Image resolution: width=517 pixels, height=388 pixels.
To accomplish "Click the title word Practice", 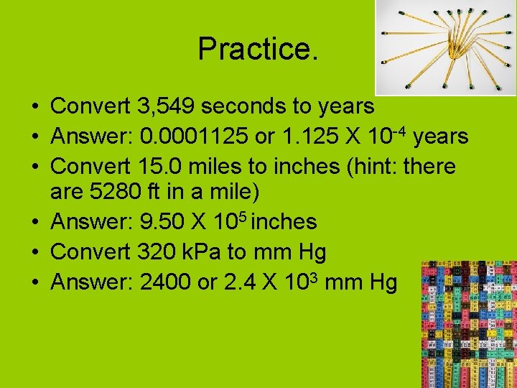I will [x=257, y=50].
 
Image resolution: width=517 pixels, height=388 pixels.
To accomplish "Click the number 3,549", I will [x=164, y=107].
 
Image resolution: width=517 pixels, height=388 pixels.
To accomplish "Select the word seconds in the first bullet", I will [x=242, y=107].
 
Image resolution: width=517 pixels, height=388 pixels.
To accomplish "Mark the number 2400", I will [x=166, y=282].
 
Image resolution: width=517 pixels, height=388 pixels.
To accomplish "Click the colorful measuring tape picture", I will [x=467, y=324].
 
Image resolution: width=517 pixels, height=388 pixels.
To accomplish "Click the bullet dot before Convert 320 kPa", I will [x=35, y=253].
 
